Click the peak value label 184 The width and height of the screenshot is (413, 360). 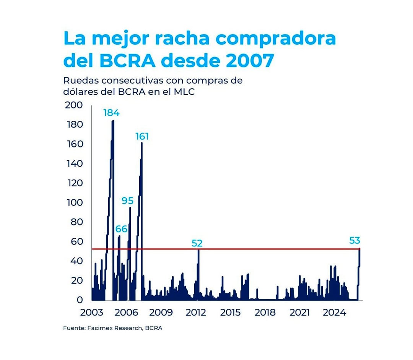click(111, 113)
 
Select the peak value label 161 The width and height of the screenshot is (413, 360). click(142, 136)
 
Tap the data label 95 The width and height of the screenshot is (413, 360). click(127, 200)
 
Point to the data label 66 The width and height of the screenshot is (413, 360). click(121, 229)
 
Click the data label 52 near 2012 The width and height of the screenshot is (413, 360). click(197, 243)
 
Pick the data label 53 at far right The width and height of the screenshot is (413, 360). click(354, 240)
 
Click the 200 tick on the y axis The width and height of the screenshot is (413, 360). click(74, 105)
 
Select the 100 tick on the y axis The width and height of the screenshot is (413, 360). click(74, 203)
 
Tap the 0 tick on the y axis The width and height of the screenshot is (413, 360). click(80, 300)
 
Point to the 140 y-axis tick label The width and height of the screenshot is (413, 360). click(74, 164)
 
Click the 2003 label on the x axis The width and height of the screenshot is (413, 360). click(92, 313)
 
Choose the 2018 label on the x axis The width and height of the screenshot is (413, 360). click(265, 313)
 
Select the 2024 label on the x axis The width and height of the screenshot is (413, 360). click(334, 313)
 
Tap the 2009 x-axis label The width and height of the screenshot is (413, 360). click(161, 313)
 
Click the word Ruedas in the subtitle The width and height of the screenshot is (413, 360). click(79, 81)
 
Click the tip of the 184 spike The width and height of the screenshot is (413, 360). click(113, 121)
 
